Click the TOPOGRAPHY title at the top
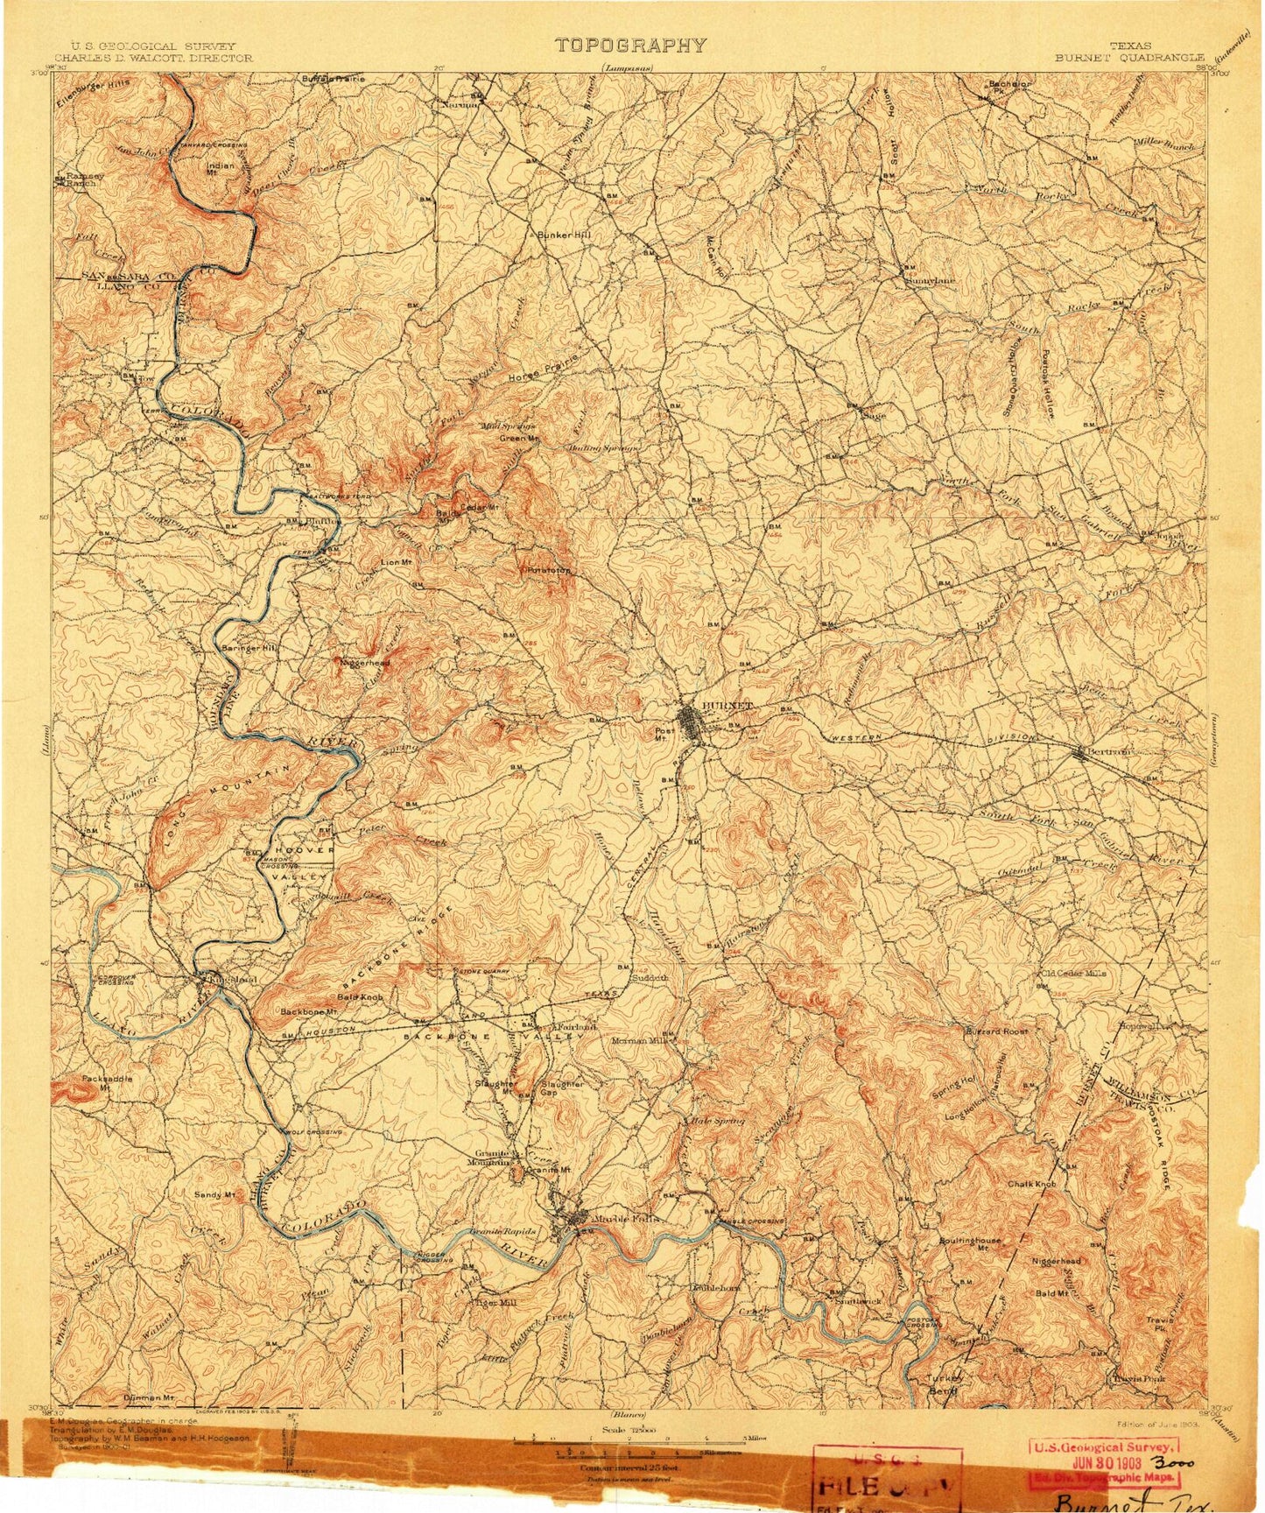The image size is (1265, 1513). [x=630, y=46]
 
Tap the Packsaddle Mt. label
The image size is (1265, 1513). [x=107, y=1083]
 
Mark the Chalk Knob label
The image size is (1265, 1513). [x=1031, y=1185]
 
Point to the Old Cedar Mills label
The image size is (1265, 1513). [x=1072, y=973]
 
